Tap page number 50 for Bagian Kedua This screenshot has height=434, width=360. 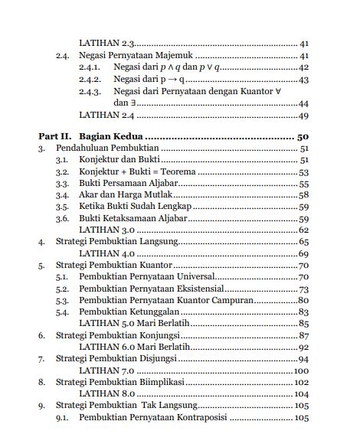301,136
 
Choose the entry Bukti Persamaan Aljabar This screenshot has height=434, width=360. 126,184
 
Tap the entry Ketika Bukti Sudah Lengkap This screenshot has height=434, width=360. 130,207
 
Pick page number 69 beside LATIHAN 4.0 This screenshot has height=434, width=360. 303,254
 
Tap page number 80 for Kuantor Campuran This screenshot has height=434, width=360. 302,301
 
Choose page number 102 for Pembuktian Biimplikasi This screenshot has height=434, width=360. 300,383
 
